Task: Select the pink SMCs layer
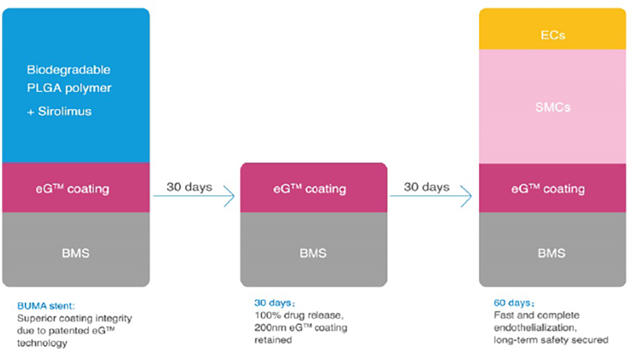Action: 553,107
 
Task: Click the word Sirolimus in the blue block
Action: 64,112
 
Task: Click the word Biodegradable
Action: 68,70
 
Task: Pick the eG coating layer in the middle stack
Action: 313,189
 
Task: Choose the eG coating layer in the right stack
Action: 553,189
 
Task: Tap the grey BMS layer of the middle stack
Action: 313,252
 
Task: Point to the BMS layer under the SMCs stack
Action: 553,252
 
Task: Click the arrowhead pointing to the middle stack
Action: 229,196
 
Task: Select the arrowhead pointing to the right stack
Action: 467,196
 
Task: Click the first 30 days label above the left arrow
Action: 189,187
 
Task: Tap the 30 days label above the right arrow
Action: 426,187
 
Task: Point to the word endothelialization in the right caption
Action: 529,328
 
